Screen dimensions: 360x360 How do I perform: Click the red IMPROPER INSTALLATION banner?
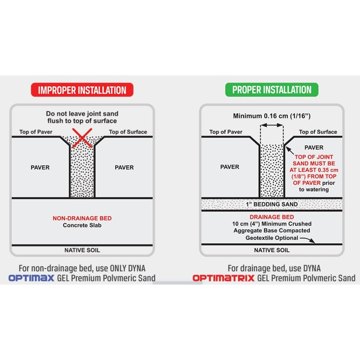point(82,90)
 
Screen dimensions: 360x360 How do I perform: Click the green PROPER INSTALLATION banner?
point(272,90)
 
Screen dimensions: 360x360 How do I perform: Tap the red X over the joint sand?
point(82,138)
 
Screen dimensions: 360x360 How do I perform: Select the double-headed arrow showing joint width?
point(272,125)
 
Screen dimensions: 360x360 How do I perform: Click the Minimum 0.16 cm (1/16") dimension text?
point(272,116)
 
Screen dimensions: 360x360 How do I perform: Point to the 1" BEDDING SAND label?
point(272,204)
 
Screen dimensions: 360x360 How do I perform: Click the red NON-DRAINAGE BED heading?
point(82,218)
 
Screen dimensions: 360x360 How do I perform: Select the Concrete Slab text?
point(82,225)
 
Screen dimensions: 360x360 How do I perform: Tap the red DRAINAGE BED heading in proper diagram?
point(272,217)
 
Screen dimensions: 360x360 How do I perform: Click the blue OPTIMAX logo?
point(32,278)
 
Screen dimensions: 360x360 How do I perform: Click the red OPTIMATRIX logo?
point(224,278)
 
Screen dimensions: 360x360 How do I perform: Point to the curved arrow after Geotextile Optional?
point(308,240)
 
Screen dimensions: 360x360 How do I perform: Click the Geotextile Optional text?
point(272,238)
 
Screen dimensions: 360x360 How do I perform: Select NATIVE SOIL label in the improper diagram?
point(82,250)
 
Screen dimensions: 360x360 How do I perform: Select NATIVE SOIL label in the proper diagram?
point(272,250)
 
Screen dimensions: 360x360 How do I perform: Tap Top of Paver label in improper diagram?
point(36,132)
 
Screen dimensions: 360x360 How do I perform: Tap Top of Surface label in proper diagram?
point(318,132)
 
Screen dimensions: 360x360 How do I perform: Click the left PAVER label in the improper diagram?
point(40,167)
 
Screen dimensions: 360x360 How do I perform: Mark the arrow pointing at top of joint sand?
point(290,151)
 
